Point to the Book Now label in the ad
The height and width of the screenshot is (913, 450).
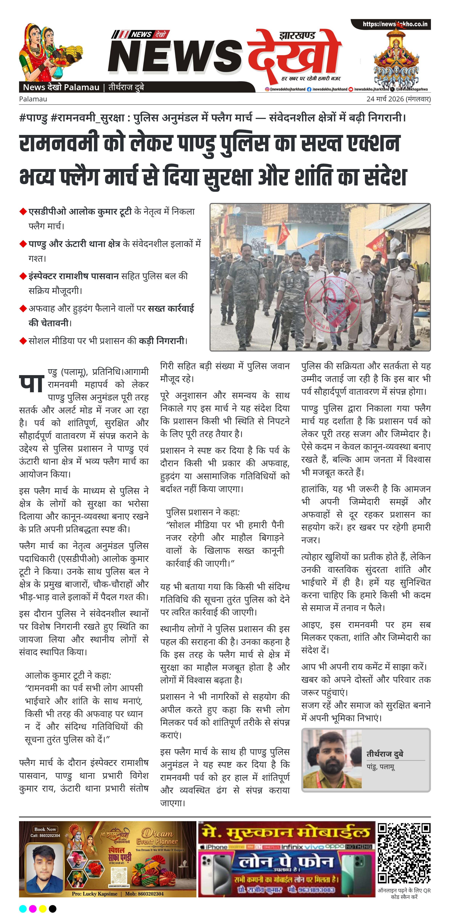pos(45,829)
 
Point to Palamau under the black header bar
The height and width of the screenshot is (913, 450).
pos(33,99)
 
